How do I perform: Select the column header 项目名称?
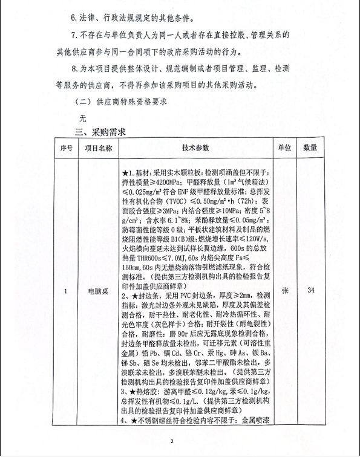98,147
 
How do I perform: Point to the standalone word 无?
74,118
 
